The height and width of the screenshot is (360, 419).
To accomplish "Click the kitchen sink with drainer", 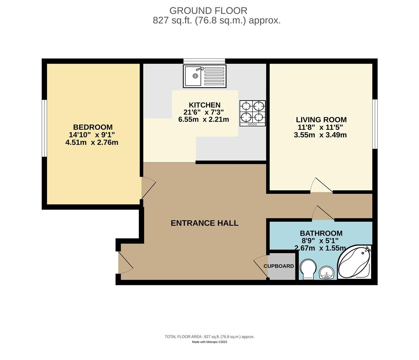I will [x=204, y=76].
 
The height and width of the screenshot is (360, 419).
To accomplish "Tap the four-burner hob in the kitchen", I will [x=253, y=113].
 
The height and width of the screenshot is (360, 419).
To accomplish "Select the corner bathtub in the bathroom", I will [x=354, y=262].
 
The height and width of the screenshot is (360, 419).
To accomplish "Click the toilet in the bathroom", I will [x=307, y=269].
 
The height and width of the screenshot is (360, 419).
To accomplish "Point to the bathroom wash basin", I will [x=327, y=273].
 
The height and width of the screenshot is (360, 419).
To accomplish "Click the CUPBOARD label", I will [x=279, y=266].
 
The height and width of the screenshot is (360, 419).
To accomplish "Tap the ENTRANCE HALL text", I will [x=204, y=223].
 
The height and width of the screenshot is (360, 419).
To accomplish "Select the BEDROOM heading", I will [x=93, y=127].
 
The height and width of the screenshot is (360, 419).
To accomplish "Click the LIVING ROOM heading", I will [x=321, y=119].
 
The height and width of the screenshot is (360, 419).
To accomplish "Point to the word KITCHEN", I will [x=204, y=105].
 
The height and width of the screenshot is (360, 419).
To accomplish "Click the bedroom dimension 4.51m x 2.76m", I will [x=92, y=143].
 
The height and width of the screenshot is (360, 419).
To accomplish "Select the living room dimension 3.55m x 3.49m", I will [x=320, y=135].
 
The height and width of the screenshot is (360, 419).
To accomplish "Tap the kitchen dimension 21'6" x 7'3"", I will [x=203, y=112].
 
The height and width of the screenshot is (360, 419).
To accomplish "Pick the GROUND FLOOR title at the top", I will [x=208, y=11].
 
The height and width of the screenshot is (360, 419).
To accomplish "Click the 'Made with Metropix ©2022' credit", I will [x=209, y=342].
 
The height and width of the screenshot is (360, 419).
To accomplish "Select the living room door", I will [x=322, y=186].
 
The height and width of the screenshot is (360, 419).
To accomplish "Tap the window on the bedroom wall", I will [x=44, y=128].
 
